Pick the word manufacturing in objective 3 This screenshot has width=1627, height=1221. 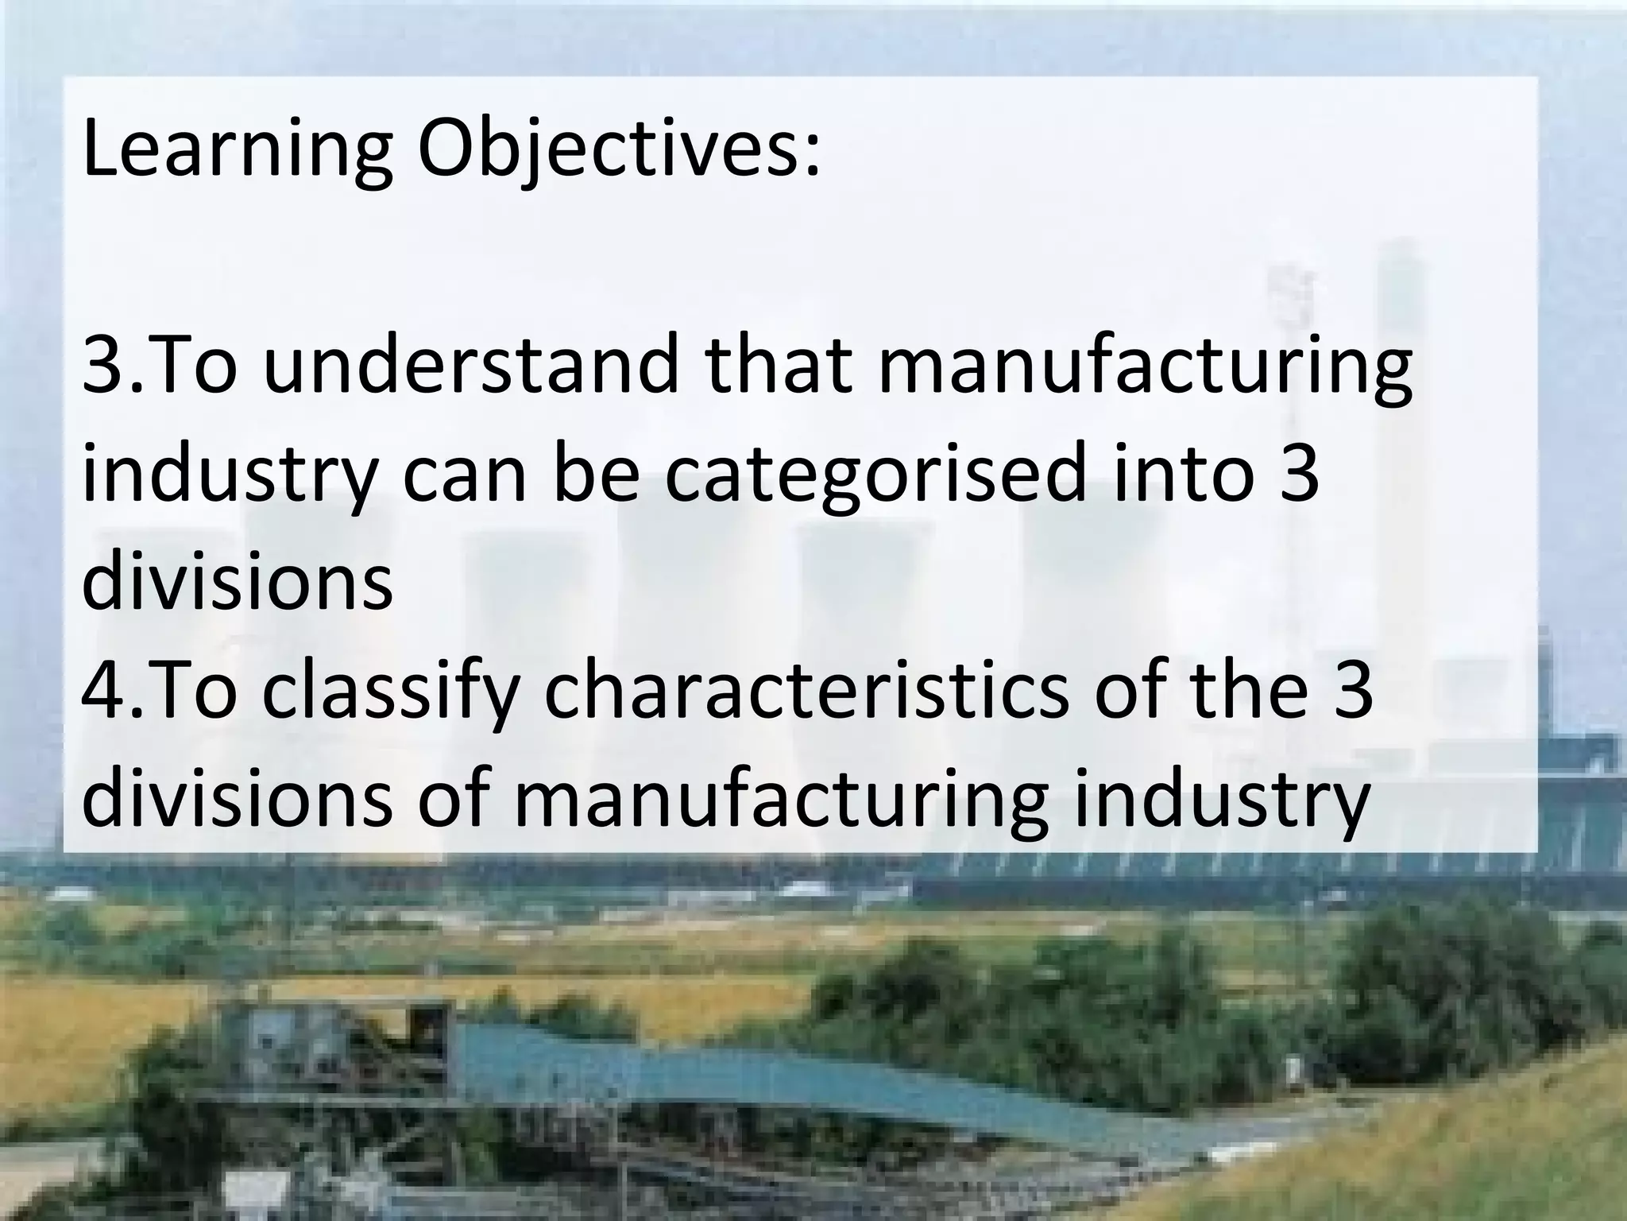(1144, 370)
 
